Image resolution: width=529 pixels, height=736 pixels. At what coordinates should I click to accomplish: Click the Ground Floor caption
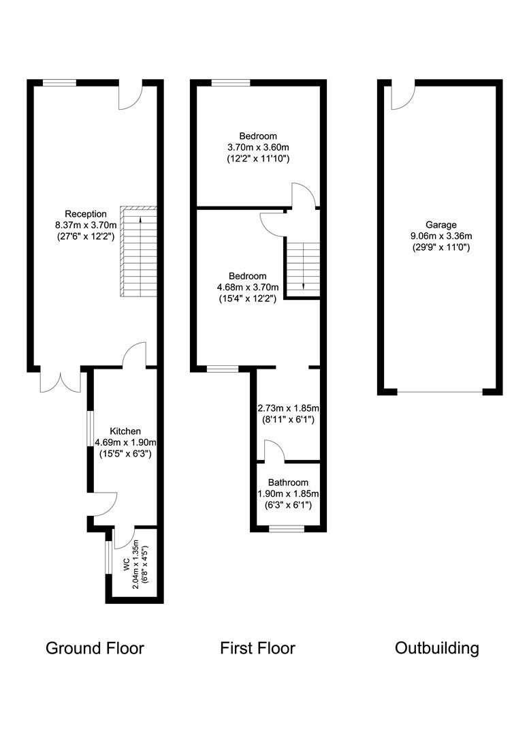(95, 648)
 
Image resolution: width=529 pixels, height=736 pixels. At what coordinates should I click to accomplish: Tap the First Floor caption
(257, 648)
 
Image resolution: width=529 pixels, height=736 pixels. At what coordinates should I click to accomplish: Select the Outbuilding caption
(436, 648)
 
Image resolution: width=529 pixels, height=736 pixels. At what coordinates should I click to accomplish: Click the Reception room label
(85, 214)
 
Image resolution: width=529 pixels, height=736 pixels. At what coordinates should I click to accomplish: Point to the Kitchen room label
(125, 431)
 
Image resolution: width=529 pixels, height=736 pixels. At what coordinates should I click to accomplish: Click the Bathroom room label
(288, 482)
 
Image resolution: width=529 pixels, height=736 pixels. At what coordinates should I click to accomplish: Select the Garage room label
(441, 225)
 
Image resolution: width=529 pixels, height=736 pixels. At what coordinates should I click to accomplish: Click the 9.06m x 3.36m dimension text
(441, 236)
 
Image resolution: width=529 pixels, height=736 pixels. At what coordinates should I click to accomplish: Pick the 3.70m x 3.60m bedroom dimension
(258, 147)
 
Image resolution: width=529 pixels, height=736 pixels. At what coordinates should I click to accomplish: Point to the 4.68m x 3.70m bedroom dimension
(248, 288)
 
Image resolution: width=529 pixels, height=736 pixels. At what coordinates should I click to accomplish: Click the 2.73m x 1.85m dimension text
(289, 408)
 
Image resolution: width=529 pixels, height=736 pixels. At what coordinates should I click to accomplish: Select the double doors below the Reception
(61, 381)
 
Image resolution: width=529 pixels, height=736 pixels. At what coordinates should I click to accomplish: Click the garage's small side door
(402, 96)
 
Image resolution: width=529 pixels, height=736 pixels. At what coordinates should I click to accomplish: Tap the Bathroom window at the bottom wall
(286, 529)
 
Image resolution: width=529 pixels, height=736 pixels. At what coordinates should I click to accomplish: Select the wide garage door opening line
(440, 392)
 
